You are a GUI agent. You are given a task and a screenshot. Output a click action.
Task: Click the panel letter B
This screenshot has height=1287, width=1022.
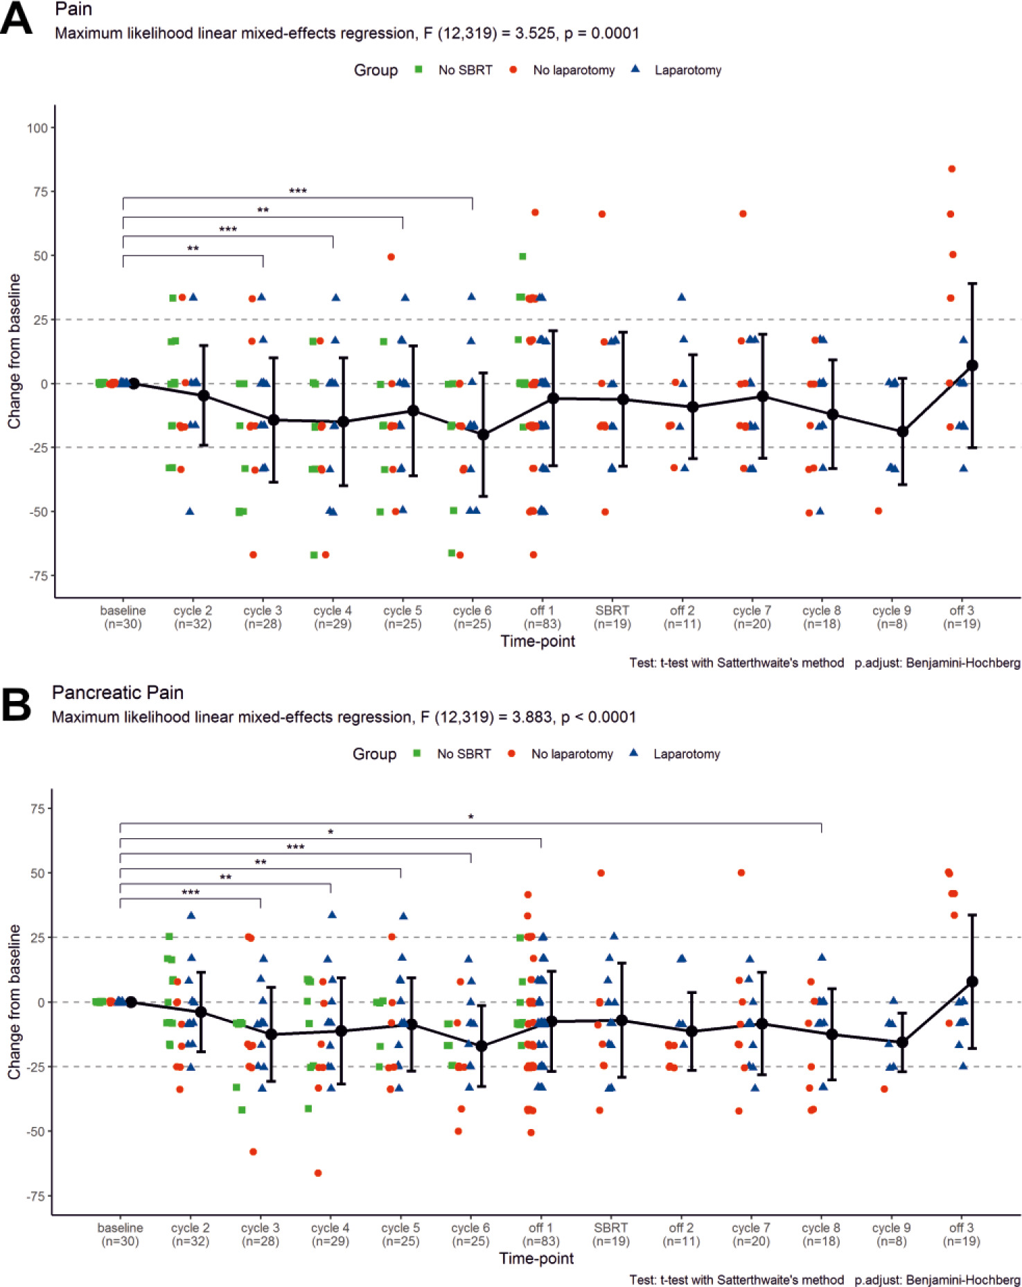point(17,704)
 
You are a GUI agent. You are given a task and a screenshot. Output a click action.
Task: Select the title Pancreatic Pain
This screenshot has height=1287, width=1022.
point(118,693)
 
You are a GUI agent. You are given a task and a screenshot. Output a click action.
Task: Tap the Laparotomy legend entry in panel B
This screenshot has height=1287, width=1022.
point(686,754)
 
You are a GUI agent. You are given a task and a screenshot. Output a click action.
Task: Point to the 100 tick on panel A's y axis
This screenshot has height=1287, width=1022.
point(37,128)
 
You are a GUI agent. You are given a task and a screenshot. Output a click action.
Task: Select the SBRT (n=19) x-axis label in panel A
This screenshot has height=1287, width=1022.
point(613,617)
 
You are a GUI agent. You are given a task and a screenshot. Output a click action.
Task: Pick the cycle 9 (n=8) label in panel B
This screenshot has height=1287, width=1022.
point(891,1234)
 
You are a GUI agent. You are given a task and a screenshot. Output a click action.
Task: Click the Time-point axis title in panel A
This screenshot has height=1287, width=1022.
point(538,641)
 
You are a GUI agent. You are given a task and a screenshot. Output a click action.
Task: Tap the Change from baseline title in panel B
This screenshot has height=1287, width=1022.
point(14,1002)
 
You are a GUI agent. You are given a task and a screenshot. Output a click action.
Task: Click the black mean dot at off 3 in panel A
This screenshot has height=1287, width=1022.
point(972,365)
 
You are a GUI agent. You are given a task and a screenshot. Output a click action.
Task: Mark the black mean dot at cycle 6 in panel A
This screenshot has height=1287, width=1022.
point(483,435)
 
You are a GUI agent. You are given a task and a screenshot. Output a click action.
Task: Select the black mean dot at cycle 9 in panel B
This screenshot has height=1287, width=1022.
point(902,1042)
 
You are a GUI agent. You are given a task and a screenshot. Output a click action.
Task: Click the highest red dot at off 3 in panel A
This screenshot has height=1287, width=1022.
point(952,169)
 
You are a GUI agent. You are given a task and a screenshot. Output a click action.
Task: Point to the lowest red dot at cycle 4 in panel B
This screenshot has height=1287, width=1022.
point(318,1173)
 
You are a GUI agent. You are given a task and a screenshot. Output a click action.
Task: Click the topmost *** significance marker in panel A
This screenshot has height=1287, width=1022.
point(298,191)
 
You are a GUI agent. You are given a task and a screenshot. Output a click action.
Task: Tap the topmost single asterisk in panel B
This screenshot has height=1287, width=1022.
point(470,818)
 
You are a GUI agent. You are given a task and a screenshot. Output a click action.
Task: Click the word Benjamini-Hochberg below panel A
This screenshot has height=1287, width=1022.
point(963,663)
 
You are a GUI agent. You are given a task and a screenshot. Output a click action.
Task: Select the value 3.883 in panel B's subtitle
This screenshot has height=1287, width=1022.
point(533,717)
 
